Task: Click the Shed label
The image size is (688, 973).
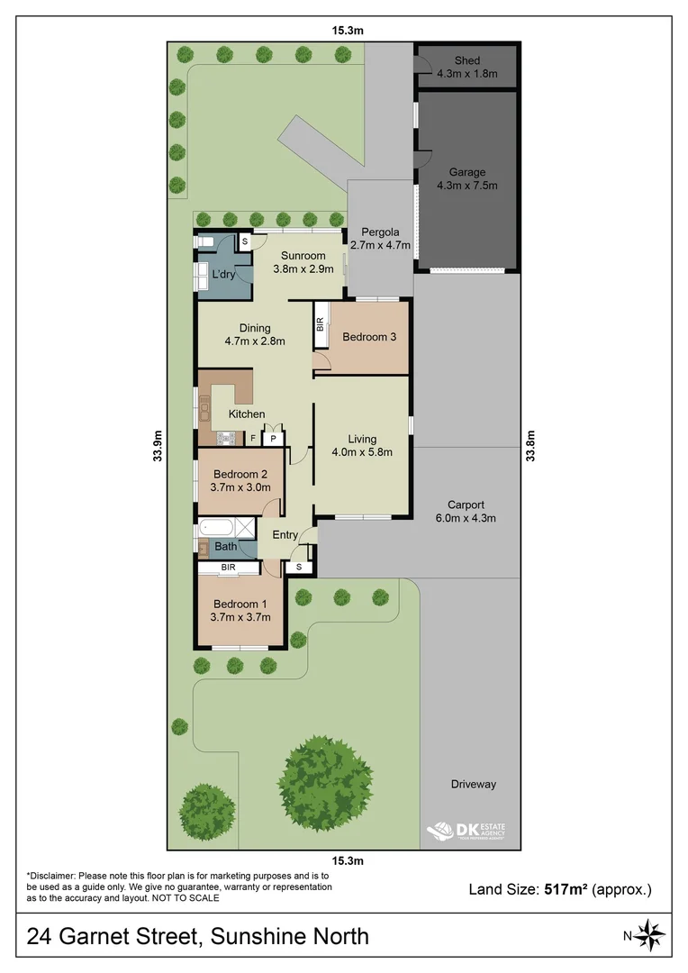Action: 466,60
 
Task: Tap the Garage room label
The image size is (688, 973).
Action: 466,172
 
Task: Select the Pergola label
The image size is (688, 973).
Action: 380,232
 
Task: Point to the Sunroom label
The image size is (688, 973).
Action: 303,256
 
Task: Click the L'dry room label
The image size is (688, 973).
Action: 222,274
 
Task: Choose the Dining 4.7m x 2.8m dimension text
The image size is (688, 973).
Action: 255,341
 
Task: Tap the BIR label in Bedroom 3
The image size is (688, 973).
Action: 320,326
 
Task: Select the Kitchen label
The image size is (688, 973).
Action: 246,414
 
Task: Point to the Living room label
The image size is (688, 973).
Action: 362,439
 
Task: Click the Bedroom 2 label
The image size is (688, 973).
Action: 240,475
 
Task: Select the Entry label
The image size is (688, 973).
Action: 285,535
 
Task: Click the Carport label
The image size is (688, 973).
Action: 466,505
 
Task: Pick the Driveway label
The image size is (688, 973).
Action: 473,784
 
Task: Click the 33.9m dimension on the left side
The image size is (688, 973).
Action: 158,442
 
